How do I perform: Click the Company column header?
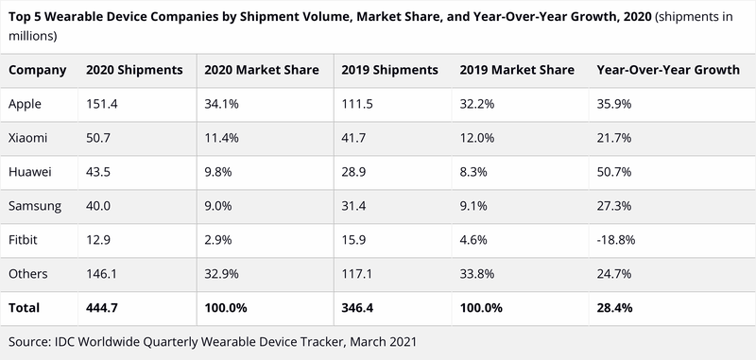pyautogui.click(x=38, y=70)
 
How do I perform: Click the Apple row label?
pyautogui.click(x=26, y=104)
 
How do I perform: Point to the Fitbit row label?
pyautogui.click(x=25, y=240)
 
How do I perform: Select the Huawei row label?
pyautogui.click(x=30, y=172)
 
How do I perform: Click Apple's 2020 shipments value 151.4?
pyautogui.click(x=102, y=104)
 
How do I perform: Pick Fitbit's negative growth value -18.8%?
pyautogui.click(x=615, y=240)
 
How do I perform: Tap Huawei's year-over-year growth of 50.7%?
pyautogui.click(x=613, y=172)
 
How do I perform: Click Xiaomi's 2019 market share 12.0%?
pyautogui.click(x=476, y=138)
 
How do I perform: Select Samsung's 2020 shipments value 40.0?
pyautogui.click(x=99, y=206)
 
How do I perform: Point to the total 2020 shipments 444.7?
pyautogui.click(x=102, y=308)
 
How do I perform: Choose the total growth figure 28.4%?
pyautogui.click(x=615, y=308)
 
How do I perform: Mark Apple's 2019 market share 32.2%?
pyautogui.click(x=476, y=104)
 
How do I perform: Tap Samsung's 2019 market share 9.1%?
pyautogui.click(x=473, y=206)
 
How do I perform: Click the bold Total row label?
pyautogui.click(x=24, y=308)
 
